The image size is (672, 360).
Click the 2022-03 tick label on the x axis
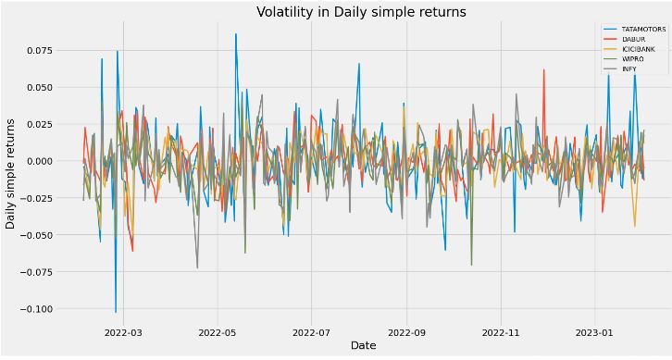pos(123,330)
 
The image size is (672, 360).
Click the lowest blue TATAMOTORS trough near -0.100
pos(116,312)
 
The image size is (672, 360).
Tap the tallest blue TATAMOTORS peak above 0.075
pos(236,34)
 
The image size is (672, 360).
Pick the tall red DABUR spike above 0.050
pos(543,69)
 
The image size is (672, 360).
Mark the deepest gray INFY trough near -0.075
pos(197,268)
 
